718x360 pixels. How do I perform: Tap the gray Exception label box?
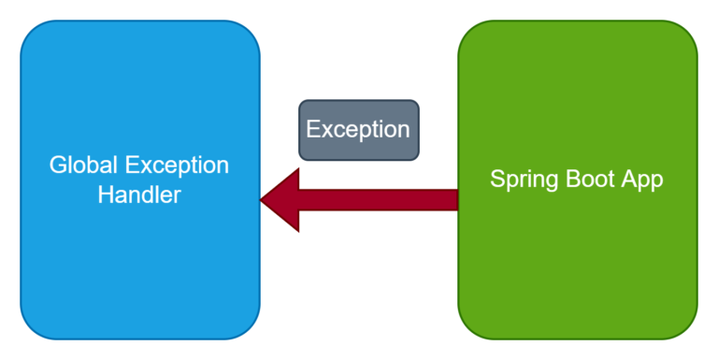coord(359,130)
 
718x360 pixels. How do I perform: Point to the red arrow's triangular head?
coord(281,199)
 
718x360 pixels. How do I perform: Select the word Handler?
coord(139,195)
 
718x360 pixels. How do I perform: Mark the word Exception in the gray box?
coord(359,130)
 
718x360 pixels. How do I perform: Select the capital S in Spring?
coord(497,180)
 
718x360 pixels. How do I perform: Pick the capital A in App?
coord(629,180)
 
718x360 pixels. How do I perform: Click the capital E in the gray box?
coord(313,130)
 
